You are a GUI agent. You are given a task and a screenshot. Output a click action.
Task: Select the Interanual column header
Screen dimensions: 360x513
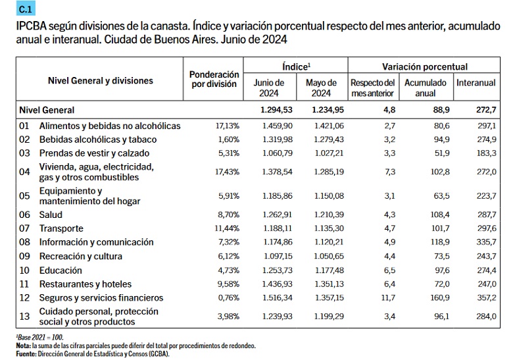(x=476, y=84)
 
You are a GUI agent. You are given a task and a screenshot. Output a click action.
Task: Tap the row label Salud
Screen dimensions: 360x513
(x=52, y=215)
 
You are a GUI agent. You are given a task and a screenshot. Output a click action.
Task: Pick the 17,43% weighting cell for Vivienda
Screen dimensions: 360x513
(x=226, y=172)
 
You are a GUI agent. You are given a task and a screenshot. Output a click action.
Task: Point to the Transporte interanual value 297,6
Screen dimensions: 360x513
(x=483, y=228)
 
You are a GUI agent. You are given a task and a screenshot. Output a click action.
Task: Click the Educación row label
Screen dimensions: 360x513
(x=61, y=270)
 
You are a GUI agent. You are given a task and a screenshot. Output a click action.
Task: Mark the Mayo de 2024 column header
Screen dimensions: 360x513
(x=321, y=88)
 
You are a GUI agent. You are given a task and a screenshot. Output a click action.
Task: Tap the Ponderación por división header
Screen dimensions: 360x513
(x=213, y=80)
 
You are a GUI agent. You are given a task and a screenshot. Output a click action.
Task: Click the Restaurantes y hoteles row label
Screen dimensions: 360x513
(x=85, y=284)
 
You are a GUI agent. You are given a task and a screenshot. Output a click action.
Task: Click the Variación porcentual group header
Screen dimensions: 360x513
(x=425, y=67)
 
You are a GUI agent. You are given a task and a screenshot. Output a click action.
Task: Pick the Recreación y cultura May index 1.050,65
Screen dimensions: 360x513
(x=320, y=256)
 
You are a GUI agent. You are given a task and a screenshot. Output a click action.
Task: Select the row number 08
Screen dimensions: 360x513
(x=25, y=242)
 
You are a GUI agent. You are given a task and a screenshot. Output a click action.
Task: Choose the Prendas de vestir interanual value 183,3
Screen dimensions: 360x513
(x=483, y=153)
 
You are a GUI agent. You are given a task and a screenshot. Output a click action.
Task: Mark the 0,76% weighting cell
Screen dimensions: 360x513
(x=228, y=298)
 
